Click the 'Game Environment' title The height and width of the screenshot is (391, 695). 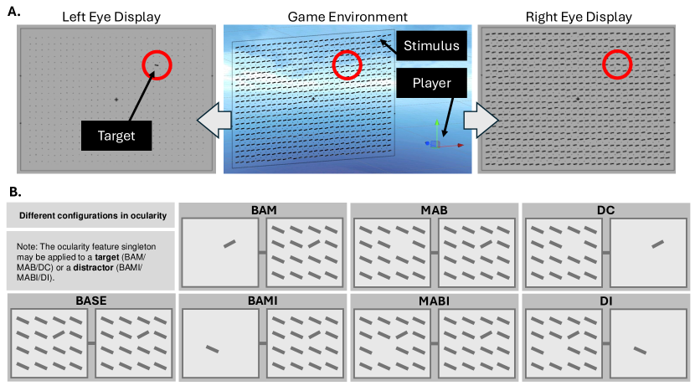347,17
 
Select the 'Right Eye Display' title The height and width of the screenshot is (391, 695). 580,17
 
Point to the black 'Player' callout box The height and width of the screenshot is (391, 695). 426,83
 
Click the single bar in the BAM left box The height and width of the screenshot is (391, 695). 229,244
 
